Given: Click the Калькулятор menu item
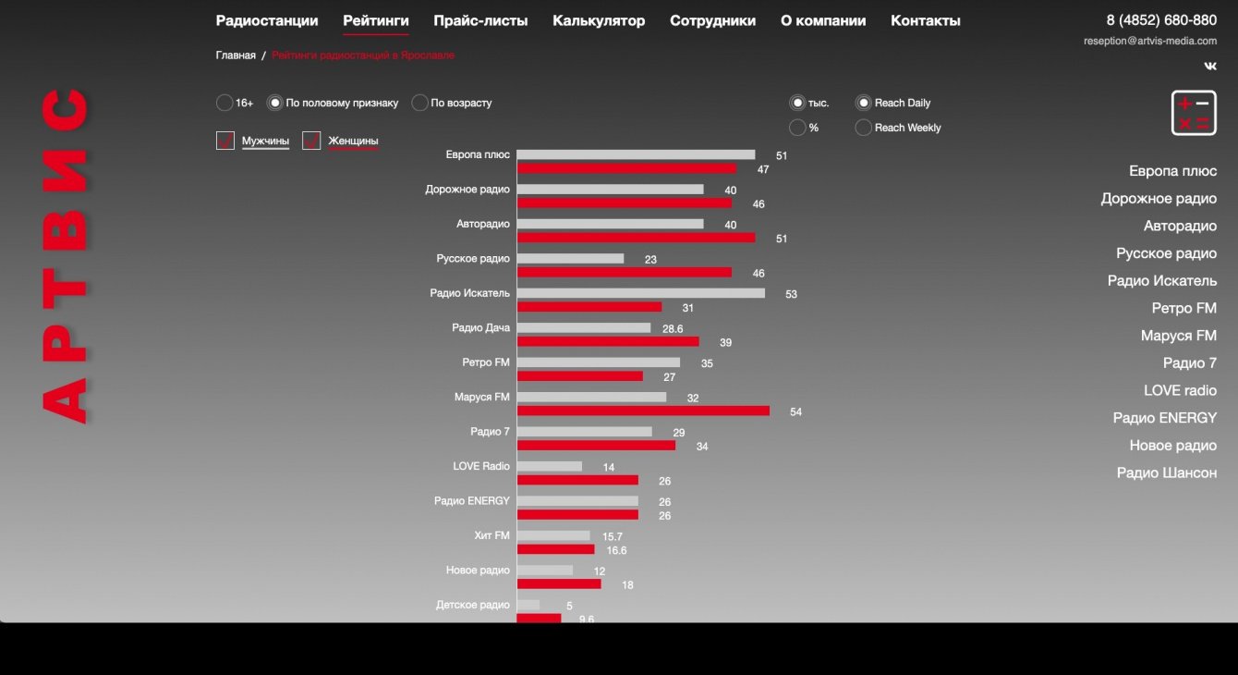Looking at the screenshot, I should [599, 20].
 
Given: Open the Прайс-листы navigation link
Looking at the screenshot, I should [480, 20].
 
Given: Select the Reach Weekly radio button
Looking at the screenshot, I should [863, 128].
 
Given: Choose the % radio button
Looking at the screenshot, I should [797, 128].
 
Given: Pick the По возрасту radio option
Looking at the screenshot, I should [419, 103].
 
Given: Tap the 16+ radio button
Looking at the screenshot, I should [225, 103].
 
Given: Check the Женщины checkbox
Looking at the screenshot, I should [311, 141].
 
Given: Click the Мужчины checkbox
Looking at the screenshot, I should [225, 141].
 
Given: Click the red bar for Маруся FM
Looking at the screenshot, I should [643, 411].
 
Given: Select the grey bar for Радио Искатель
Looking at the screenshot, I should [640, 293].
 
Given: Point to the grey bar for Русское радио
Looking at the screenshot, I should [570, 258].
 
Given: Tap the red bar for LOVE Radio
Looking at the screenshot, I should [577, 480].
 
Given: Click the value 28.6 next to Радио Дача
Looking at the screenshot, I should [673, 329].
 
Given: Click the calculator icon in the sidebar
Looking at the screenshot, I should [1194, 114].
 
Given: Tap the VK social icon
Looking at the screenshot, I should [1210, 66].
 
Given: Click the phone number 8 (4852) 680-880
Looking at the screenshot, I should [1161, 20].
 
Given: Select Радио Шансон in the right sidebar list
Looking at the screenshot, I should [1166, 472].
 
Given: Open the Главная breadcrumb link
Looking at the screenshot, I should [236, 55].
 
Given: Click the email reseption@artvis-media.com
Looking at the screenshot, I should [1150, 41].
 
